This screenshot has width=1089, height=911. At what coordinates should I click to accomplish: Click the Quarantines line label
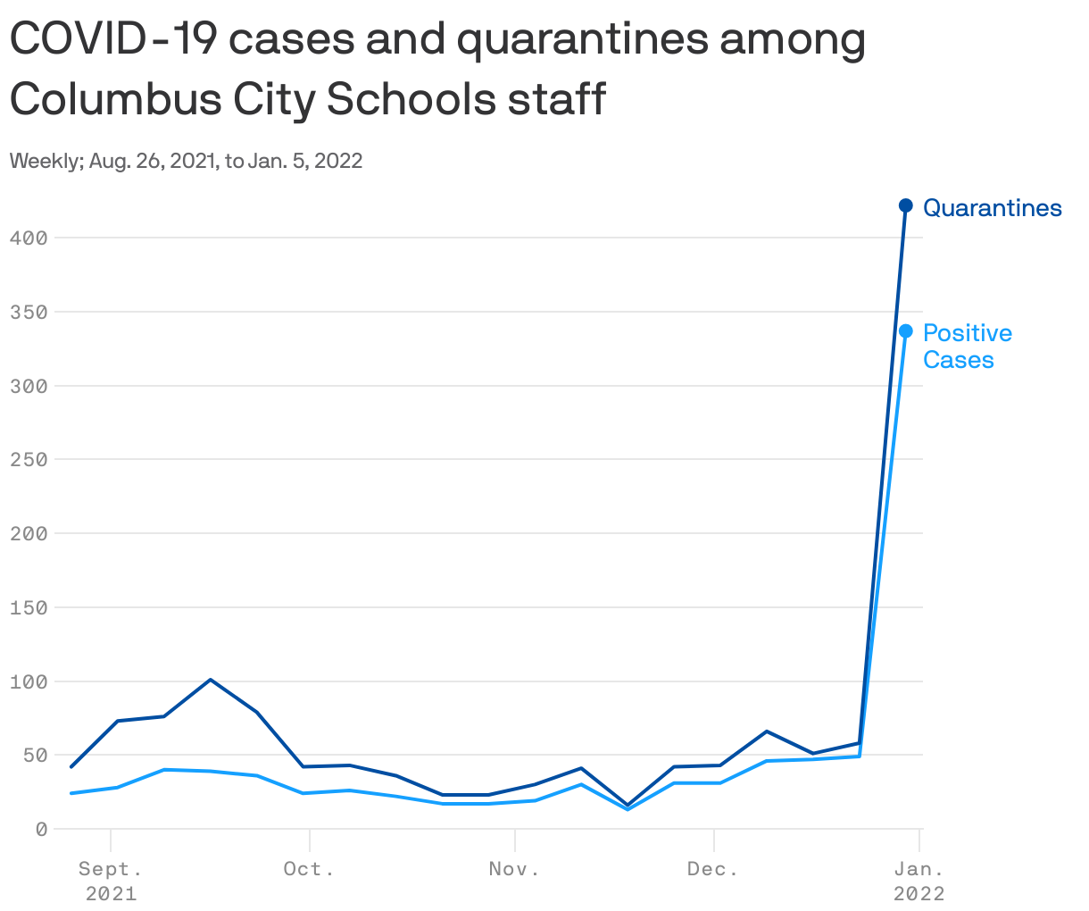992,208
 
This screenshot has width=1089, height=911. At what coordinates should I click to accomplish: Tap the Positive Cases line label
967,346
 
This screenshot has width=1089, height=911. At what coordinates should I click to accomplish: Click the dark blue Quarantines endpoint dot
905,205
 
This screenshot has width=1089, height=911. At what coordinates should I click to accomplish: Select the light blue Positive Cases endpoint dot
905,331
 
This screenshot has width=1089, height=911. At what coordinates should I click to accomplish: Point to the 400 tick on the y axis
28,238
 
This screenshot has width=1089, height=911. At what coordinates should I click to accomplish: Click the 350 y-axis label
28,312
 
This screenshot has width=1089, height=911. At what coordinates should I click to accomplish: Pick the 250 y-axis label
28,459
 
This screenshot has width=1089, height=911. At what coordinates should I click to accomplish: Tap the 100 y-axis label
28,681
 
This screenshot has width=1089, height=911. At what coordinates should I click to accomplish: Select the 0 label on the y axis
41,829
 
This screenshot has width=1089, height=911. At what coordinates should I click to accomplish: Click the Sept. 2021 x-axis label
111,881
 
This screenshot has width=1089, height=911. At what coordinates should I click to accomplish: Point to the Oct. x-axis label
309,869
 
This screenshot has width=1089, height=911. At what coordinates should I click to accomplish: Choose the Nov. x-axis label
514,869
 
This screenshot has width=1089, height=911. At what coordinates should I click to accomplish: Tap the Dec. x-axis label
713,869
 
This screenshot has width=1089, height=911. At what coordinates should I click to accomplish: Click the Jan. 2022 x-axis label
919,881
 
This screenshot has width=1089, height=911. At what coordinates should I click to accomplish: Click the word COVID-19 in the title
106,40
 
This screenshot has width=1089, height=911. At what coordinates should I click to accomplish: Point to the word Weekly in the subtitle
43,161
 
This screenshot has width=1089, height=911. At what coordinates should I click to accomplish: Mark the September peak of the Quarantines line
210,680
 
